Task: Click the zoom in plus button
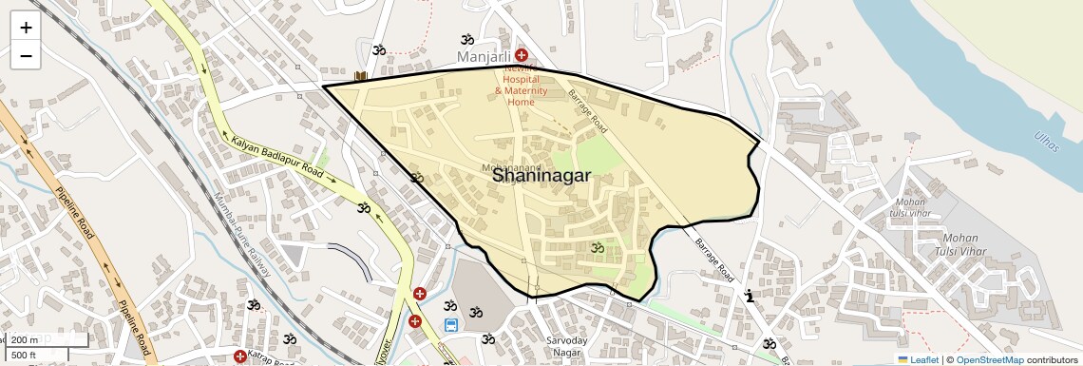pos(26,28)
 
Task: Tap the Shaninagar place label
pos(541,176)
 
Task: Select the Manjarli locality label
pos(484,57)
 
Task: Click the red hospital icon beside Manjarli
pos(522,56)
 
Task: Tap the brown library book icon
pos(360,75)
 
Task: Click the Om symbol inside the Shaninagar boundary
pos(598,248)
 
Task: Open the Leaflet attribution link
pos(918,359)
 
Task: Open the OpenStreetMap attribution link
pos(989,359)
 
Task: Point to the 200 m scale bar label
pos(26,339)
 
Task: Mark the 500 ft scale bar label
pos(24,355)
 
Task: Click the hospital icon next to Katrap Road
pos(240,356)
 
